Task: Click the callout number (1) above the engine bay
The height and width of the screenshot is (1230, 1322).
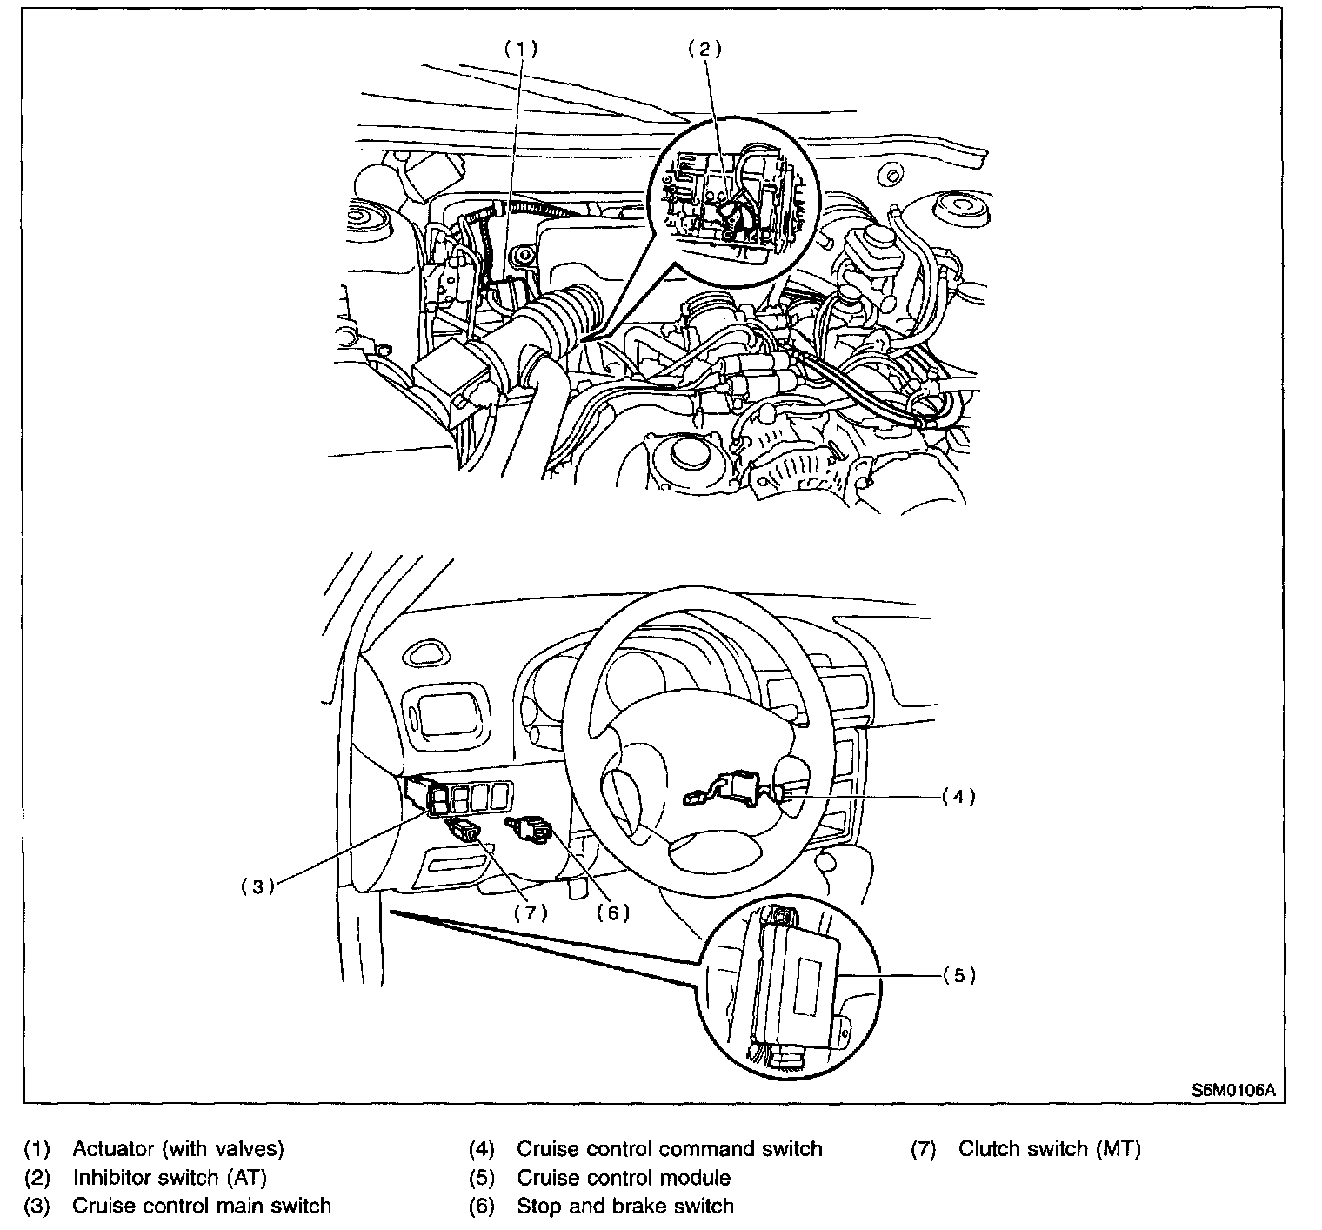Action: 522,49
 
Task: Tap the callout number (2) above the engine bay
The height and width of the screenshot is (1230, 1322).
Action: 704,49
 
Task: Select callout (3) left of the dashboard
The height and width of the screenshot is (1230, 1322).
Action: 257,887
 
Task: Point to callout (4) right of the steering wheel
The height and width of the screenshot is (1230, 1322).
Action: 959,796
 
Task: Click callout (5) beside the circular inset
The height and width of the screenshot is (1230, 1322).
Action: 959,975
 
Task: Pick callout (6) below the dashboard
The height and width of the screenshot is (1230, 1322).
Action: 612,912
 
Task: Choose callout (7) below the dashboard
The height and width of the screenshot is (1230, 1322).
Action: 531,912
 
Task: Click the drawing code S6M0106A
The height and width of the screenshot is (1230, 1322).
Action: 1233,1090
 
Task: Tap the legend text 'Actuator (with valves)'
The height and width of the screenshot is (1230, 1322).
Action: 178,1149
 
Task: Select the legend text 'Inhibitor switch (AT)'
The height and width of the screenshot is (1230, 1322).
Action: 170,1178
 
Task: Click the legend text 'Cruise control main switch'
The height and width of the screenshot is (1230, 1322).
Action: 202,1207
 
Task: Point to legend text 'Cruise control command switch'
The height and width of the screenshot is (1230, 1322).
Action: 669,1149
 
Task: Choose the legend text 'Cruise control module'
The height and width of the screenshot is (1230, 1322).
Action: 624,1178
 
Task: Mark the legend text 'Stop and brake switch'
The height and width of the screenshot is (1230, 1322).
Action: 625,1207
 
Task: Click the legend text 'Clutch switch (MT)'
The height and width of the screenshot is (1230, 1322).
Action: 1049,1149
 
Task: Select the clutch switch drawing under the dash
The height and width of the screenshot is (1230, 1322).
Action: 462,828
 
